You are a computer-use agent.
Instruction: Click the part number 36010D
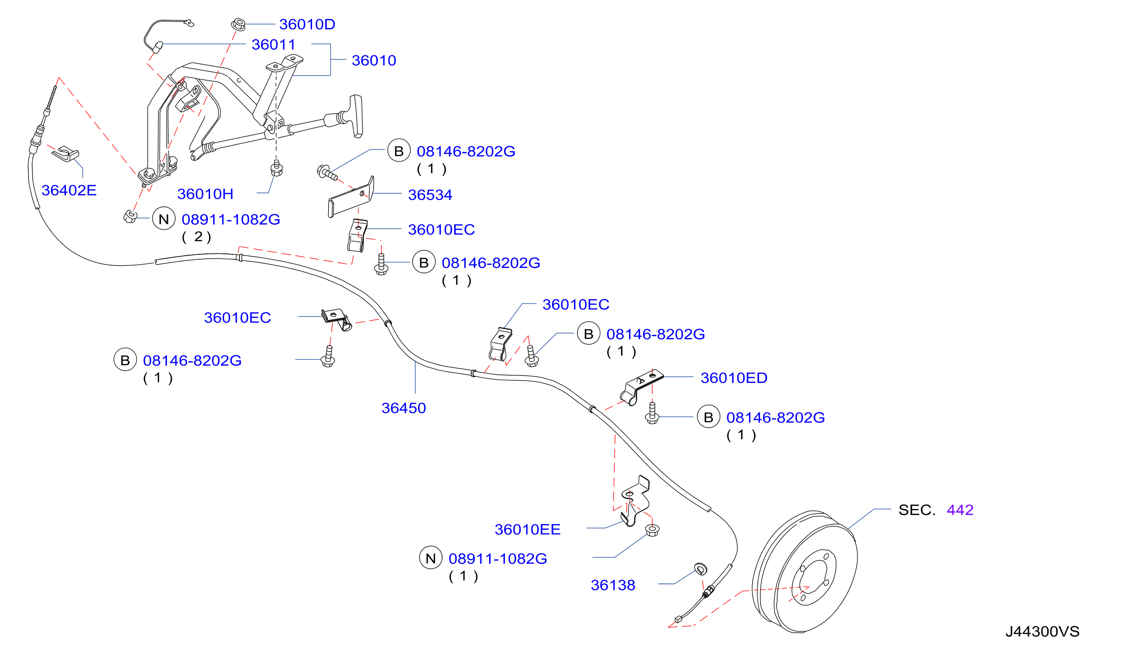307,24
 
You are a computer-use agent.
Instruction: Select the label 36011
273,44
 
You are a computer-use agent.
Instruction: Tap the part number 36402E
69,191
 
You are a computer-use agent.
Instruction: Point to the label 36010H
205,194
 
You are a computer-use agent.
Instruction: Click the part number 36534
430,195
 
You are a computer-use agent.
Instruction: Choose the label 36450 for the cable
404,408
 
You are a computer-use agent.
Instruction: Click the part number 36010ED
734,378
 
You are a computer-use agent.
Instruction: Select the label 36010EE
527,530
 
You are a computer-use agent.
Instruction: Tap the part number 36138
613,586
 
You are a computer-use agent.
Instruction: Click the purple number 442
960,510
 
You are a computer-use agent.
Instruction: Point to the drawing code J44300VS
1043,632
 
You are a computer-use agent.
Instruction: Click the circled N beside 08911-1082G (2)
164,219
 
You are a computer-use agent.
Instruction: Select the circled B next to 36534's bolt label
399,151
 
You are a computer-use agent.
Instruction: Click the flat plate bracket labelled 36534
351,198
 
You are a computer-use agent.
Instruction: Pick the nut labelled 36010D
238,24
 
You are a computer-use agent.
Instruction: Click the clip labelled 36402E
65,154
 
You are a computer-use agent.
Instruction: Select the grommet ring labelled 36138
700,569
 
